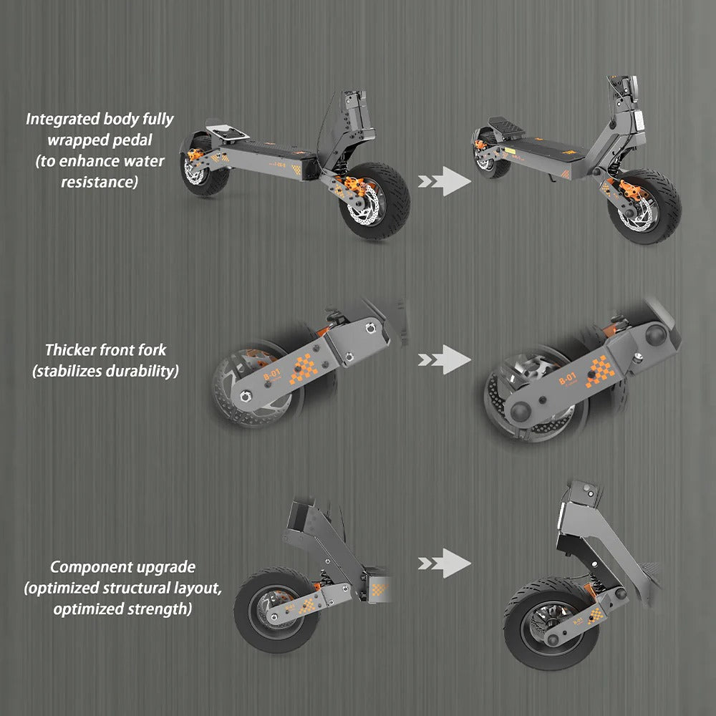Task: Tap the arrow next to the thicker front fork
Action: pyautogui.click(x=444, y=359)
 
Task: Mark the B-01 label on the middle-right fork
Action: pyautogui.click(x=567, y=377)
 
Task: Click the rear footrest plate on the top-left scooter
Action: pyautogui.click(x=228, y=134)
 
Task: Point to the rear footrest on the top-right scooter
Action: pyautogui.click(x=505, y=127)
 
